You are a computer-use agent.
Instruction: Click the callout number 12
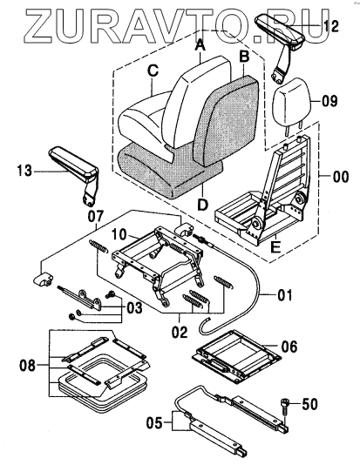click(x=330, y=27)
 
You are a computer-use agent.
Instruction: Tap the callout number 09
click(x=329, y=101)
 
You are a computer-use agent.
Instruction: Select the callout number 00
click(x=341, y=177)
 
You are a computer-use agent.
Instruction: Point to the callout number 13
click(x=24, y=172)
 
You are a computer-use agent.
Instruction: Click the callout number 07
click(x=96, y=216)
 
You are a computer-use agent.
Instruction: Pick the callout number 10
click(x=120, y=235)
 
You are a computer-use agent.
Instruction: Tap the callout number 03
click(x=134, y=308)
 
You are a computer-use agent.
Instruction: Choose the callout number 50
click(x=309, y=404)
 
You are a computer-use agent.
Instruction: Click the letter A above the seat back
click(x=200, y=45)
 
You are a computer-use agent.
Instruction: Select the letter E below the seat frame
click(x=275, y=246)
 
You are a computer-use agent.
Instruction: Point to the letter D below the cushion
click(x=203, y=205)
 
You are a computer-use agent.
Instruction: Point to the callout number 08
click(x=27, y=366)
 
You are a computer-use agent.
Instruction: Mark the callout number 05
click(x=154, y=422)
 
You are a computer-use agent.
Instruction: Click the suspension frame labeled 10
click(x=157, y=262)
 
